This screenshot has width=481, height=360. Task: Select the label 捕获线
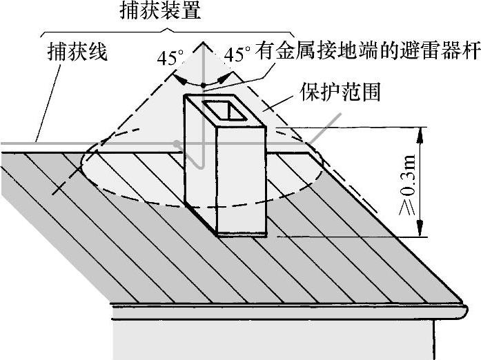click(x=78, y=52)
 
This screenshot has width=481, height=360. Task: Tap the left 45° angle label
click(x=168, y=58)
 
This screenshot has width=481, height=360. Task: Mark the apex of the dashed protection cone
click(x=204, y=42)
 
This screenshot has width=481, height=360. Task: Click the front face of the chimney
click(x=241, y=179)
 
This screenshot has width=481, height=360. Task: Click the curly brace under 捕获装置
click(x=166, y=30)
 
